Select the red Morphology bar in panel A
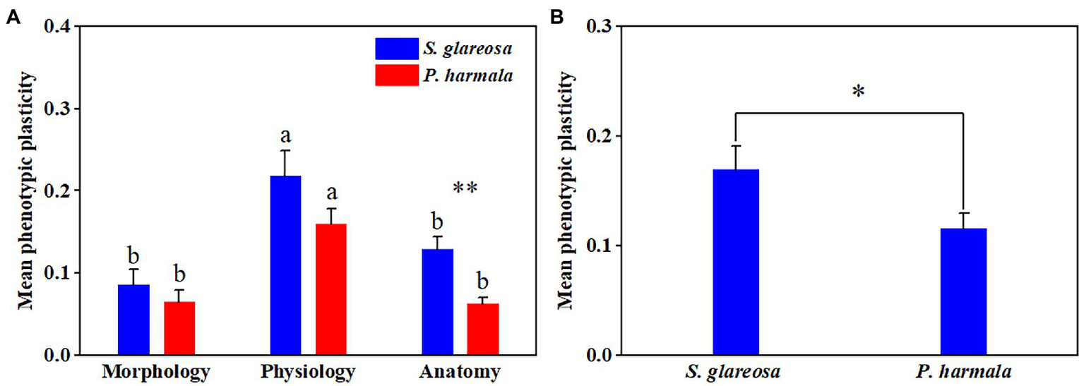point(179,328)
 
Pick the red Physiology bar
point(331,289)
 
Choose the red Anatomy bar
point(483,329)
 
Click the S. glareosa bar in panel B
point(735,262)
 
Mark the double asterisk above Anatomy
point(465,188)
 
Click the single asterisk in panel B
point(858,92)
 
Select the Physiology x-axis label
point(307,371)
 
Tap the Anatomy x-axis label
point(460,371)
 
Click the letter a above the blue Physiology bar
point(287,135)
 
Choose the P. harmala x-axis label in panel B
point(963,371)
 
